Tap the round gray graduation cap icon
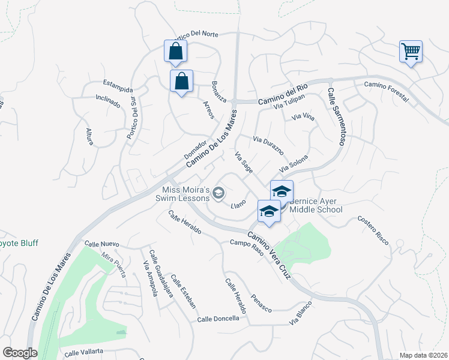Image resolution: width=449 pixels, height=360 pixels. [218, 193]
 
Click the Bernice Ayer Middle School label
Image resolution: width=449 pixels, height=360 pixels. [316, 205]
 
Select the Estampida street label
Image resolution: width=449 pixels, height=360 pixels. [117, 82]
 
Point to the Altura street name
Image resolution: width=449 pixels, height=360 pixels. [89, 136]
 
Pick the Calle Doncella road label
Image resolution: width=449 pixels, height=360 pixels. [218, 319]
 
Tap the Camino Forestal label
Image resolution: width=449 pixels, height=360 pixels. [386, 91]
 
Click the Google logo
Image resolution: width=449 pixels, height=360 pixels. [19, 352]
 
